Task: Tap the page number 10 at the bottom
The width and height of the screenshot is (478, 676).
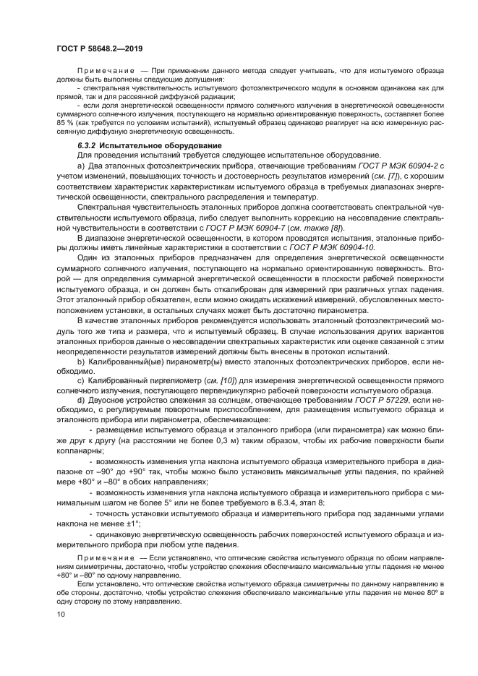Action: pyautogui.click(x=61, y=615)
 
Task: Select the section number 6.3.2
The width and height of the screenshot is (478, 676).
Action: pyautogui.click(x=88, y=146)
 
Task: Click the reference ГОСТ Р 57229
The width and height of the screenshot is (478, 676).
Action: pyautogui.click(x=375, y=398)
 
